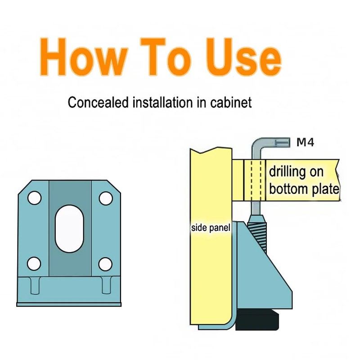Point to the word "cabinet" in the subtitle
231,103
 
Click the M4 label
305,143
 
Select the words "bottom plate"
304,189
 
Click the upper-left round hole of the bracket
34,198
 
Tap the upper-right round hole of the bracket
105,198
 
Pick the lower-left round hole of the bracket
34,263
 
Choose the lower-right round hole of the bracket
105,263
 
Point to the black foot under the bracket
257,321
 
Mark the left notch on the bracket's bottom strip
35,285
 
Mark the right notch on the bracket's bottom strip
105,285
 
